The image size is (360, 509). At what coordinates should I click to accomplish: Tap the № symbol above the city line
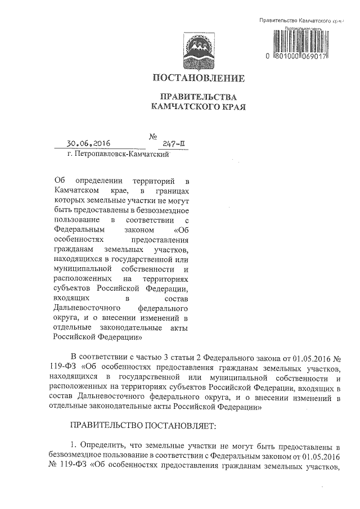[x=152, y=136]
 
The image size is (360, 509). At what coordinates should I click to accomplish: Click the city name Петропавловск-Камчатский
[x=121, y=154]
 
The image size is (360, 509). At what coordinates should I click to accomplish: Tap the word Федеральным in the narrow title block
[x=76, y=229]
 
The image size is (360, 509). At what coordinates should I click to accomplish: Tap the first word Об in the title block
[x=59, y=180]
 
